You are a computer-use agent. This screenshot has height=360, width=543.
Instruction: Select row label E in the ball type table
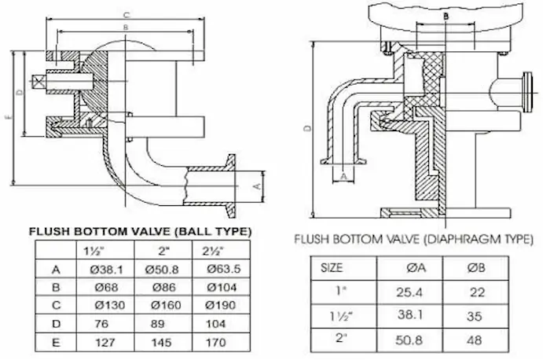click(x=56, y=342)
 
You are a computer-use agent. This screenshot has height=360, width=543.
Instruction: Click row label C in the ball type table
click(x=56, y=304)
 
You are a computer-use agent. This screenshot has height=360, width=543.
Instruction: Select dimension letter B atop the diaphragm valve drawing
click(x=446, y=15)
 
